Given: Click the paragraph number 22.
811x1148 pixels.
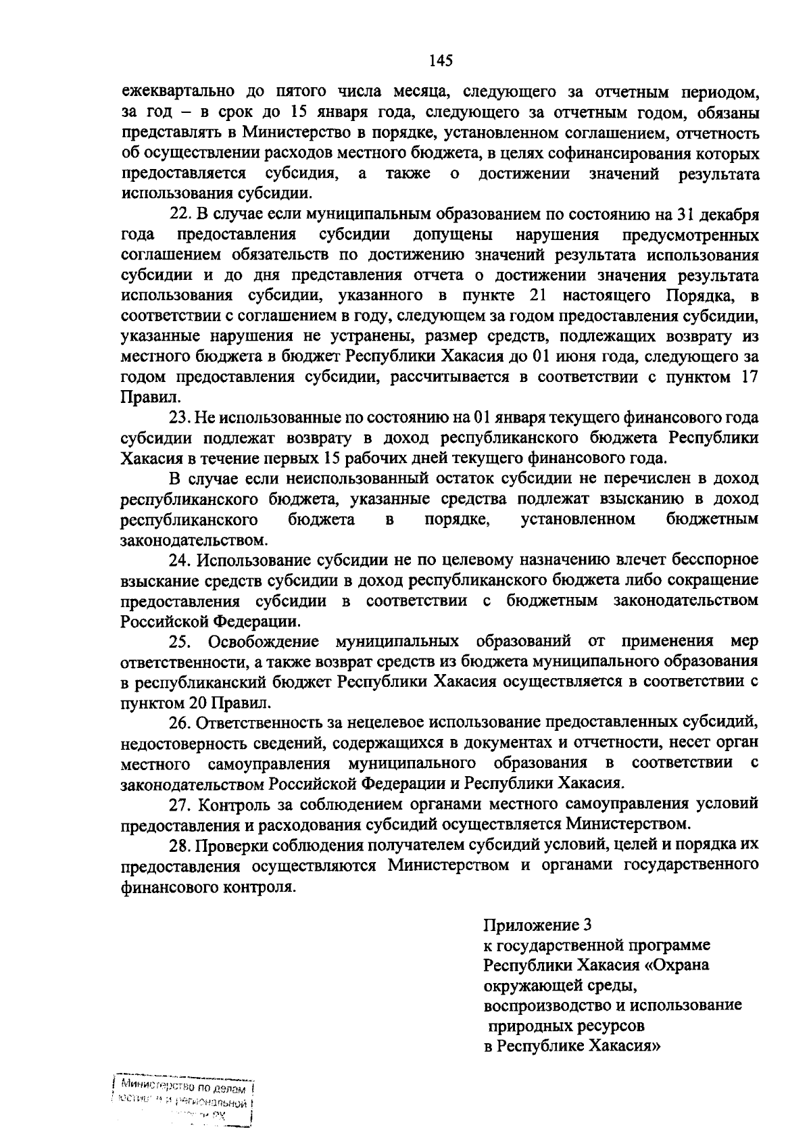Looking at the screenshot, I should [x=179, y=215].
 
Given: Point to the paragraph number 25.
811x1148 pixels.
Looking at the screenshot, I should [x=180, y=641].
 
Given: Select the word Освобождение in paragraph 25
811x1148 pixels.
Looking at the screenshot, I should [x=264, y=641].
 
